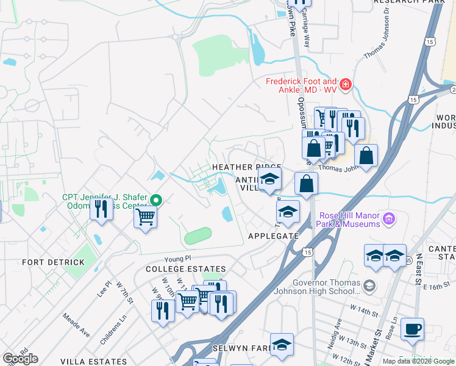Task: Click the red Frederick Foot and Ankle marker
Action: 346,84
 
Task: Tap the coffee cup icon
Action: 412,328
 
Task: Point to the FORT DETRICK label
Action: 53,262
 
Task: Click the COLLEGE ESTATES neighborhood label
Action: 185,269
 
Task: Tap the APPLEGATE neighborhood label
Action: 274,235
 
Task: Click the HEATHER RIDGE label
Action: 246,167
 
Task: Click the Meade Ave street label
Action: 76,326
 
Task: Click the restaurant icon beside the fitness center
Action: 99,209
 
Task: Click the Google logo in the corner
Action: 20,359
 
